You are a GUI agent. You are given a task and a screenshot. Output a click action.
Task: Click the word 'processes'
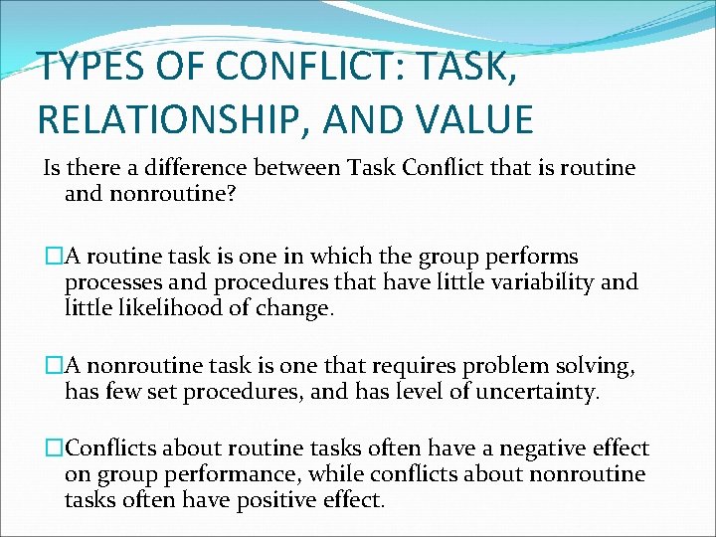111,282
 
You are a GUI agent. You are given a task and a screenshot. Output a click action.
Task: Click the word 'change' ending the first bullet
297,308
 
